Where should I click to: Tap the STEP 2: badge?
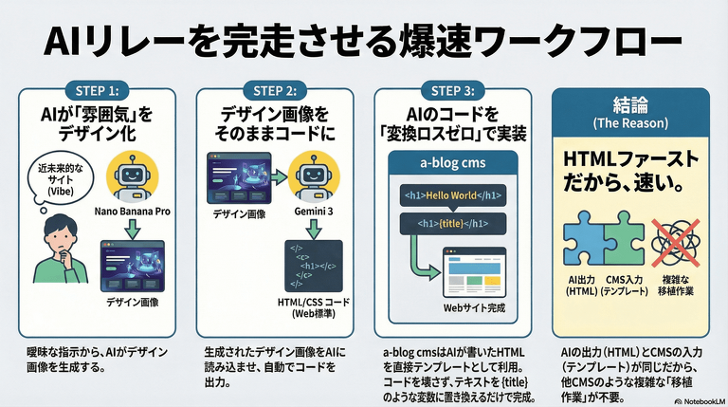point(275,91)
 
